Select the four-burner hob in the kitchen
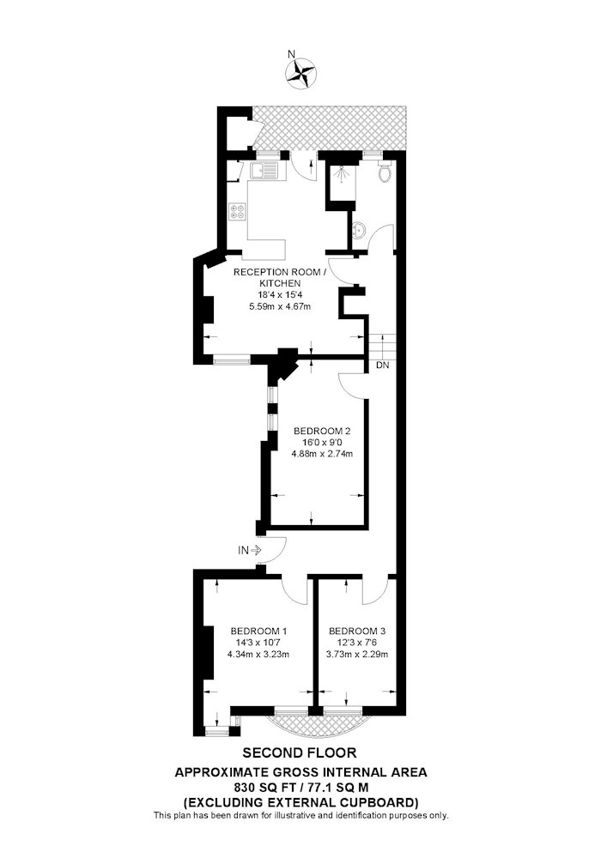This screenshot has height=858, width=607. pyautogui.click(x=238, y=211)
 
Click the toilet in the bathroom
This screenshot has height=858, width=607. pyautogui.click(x=385, y=170)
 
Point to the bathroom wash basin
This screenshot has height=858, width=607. pyautogui.click(x=359, y=230)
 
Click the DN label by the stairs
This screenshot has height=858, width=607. pyautogui.click(x=383, y=365)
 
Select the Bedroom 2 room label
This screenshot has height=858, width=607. pyautogui.click(x=321, y=431)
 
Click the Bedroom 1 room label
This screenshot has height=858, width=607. pyautogui.click(x=258, y=631)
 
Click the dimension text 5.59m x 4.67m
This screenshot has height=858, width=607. pyautogui.click(x=280, y=306)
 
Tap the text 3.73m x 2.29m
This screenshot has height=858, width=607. pyautogui.click(x=357, y=654)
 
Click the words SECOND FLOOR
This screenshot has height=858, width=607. pyautogui.click(x=300, y=753)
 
